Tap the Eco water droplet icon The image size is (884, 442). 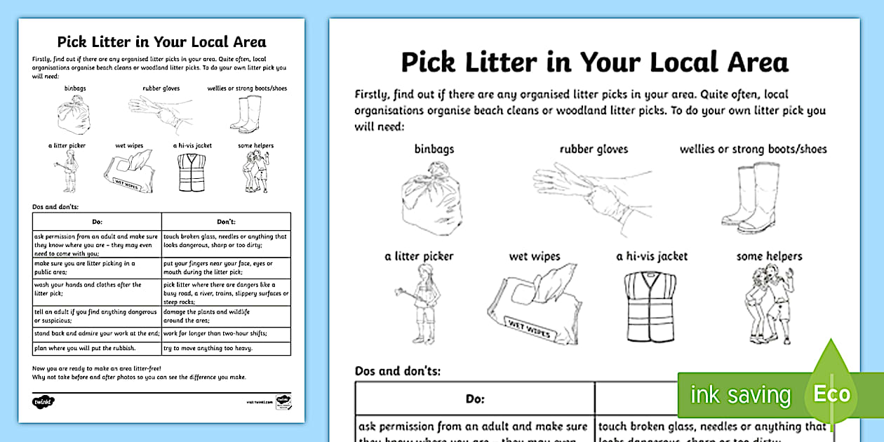click(831, 393)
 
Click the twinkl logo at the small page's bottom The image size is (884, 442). click(43, 402)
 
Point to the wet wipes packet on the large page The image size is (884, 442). click(535, 303)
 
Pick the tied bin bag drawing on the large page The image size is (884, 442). click(431, 201)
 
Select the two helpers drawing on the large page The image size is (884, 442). click(766, 304)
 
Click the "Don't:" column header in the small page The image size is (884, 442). click(226, 222)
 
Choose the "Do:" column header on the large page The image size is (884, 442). click(475, 399)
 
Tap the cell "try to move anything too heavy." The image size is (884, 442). click(208, 348)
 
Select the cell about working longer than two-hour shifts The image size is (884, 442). click(215, 333)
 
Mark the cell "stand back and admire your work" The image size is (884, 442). click(96, 333)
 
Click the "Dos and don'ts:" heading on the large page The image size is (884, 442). click(398, 370)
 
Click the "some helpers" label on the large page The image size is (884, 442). click(769, 256)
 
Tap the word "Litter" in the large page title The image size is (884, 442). click(499, 62)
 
